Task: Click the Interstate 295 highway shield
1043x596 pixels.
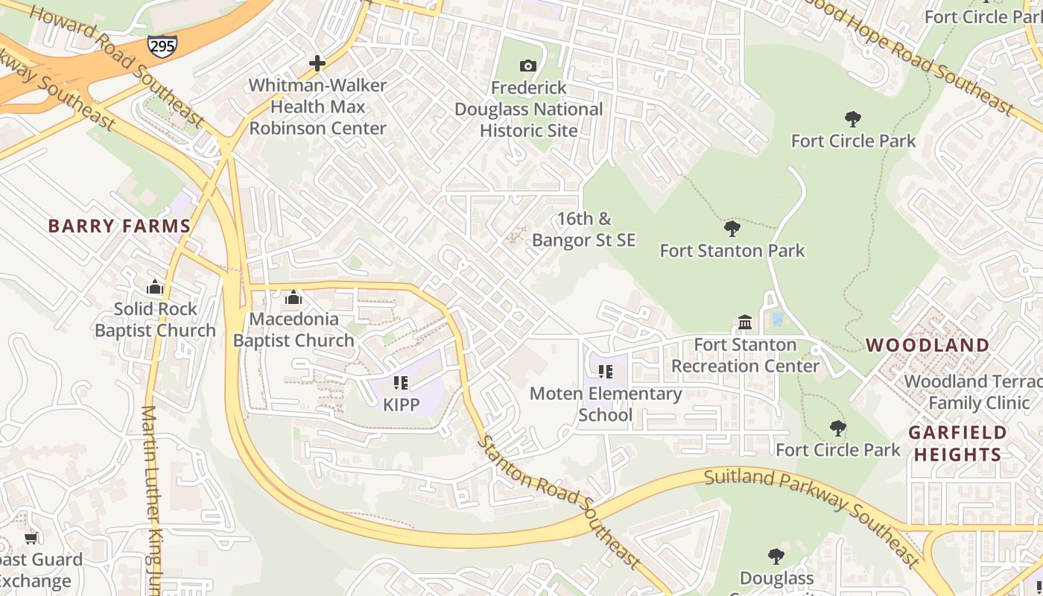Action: [162, 45]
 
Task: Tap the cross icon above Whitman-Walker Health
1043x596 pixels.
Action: [317, 63]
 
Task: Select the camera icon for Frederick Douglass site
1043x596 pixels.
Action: [528, 66]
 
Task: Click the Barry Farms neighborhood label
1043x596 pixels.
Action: [119, 226]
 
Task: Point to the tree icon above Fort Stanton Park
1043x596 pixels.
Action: [732, 229]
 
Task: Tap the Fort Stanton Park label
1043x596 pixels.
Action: [732, 250]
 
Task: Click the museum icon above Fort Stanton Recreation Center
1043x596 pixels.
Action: [745, 323]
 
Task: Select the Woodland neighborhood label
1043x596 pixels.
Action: [928, 345]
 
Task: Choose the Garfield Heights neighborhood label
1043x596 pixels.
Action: [957, 443]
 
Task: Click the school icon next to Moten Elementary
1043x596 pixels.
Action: [605, 371]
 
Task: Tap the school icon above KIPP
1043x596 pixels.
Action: [401, 383]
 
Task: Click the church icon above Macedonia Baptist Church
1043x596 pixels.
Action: [294, 297]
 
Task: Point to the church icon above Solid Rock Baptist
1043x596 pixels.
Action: [155, 287]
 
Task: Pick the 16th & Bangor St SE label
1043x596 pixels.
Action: [584, 229]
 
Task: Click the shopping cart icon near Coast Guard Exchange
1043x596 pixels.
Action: [31, 538]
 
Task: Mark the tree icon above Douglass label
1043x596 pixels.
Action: [776, 556]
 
